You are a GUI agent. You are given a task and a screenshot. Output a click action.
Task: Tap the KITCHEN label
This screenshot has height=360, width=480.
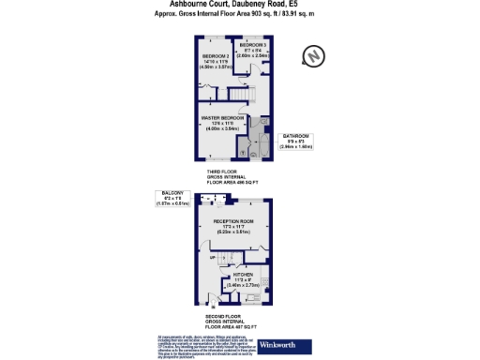pos(244,275)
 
